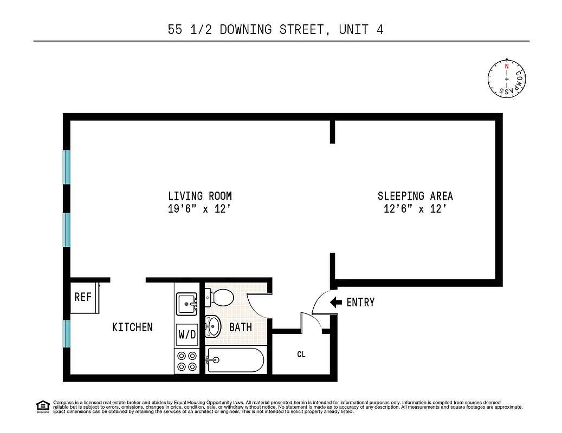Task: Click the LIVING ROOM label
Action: click(x=199, y=196)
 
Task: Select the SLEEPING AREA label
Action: click(x=415, y=196)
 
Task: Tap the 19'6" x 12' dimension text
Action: click(x=199, y=209)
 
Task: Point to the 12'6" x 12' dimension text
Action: click(x=415, y=209)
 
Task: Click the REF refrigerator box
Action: click(x=83, y=297)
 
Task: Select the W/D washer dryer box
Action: click(x=187, y=334)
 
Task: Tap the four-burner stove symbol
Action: click(x=187, y=361)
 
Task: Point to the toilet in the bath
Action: click(x=219, y=297)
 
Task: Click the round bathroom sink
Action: click(x=212, y=326)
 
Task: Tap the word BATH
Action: click(x=240, y=327)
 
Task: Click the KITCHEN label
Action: click(x=132, y=327)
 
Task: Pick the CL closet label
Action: click(x=301, y=355)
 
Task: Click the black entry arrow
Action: click(x=335, y=302)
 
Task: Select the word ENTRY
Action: click(x=360, y=302)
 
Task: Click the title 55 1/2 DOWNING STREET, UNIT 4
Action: click(x=276, y=29)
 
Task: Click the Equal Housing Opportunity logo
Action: click(x=42, y=406)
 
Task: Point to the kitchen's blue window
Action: click(x=67, y=333)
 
